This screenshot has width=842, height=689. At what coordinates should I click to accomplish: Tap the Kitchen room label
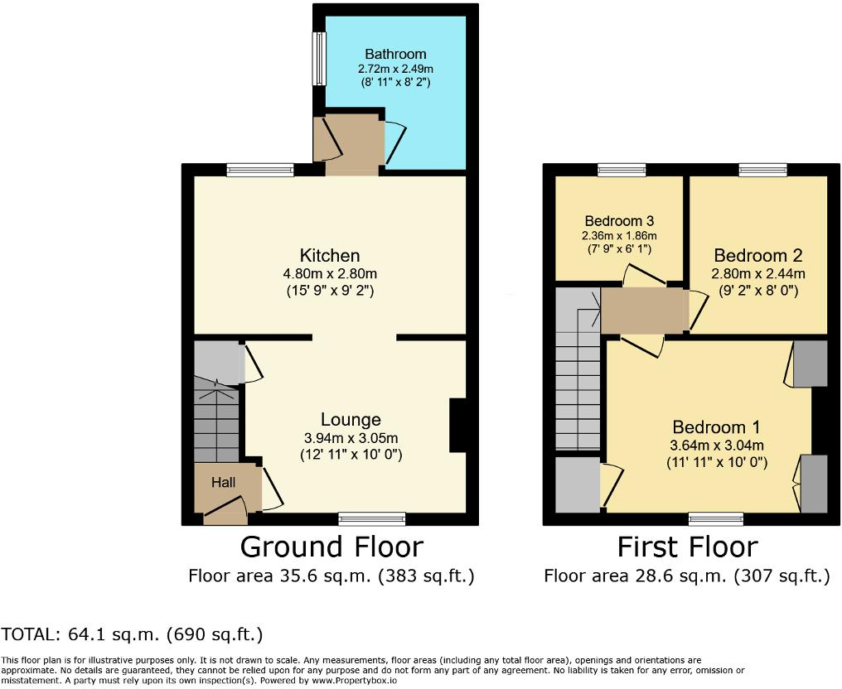(x=330, y=255)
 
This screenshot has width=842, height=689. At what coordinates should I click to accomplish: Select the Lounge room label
(x=351, y=420)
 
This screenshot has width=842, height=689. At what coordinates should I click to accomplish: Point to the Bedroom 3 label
(x=619, y=221)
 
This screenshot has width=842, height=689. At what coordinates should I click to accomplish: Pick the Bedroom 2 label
(x=758, y=255)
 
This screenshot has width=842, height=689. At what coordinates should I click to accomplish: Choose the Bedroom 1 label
(x=716, y=427)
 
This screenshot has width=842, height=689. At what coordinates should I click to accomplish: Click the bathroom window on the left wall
(x=318, y=58)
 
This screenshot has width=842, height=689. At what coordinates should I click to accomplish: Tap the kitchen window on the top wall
(x=260, y=170)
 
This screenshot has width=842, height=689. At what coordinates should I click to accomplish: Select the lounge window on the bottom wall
(x=372, y=519)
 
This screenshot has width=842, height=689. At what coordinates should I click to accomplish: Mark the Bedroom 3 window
(x=622, y=170)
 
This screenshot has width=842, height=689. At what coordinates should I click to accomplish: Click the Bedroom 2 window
(x=763, y=170)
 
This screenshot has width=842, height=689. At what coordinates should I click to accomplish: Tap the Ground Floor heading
(x=331, y=547)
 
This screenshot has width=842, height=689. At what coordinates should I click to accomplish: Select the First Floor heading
(x=687, y=547)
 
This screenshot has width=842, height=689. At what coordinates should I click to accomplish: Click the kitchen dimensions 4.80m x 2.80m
(x=330, y=274)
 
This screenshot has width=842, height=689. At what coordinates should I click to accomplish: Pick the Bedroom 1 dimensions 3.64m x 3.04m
(x=716, y=446)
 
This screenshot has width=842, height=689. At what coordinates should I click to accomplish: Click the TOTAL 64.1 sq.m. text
(x=133, y=635)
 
